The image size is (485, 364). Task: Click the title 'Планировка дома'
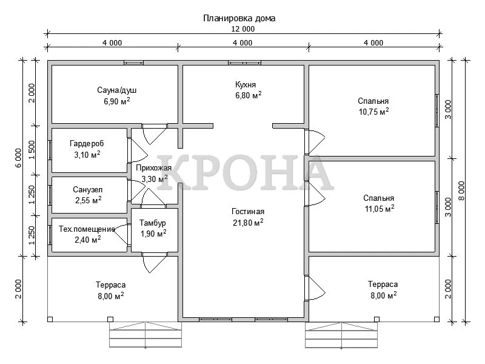coord(239,19)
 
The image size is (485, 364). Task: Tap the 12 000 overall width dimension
coord(243,29)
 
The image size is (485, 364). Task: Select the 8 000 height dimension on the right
coord(461,191)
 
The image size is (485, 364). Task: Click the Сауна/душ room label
coord(116,90)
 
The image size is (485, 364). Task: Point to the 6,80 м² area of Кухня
coord(249,95)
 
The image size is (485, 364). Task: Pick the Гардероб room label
coord(87,144)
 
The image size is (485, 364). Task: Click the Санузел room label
coord(88,190)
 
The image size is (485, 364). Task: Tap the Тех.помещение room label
coord(87,229)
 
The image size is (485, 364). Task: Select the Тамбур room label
coord(153,223)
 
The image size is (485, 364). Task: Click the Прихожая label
coord(153,168)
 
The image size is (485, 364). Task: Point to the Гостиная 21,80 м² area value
coord(248,223)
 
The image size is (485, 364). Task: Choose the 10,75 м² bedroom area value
coord(373,112)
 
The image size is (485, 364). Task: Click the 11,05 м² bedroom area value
coord(380,209)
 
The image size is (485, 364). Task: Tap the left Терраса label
coord(110,285)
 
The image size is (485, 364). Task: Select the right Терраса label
coord(383,284)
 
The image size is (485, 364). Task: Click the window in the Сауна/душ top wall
coord(133,63)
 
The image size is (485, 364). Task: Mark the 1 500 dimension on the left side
coord(32,150)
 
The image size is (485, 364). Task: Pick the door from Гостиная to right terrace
coord(315,288)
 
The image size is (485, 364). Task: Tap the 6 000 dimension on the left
coord(19,158)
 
